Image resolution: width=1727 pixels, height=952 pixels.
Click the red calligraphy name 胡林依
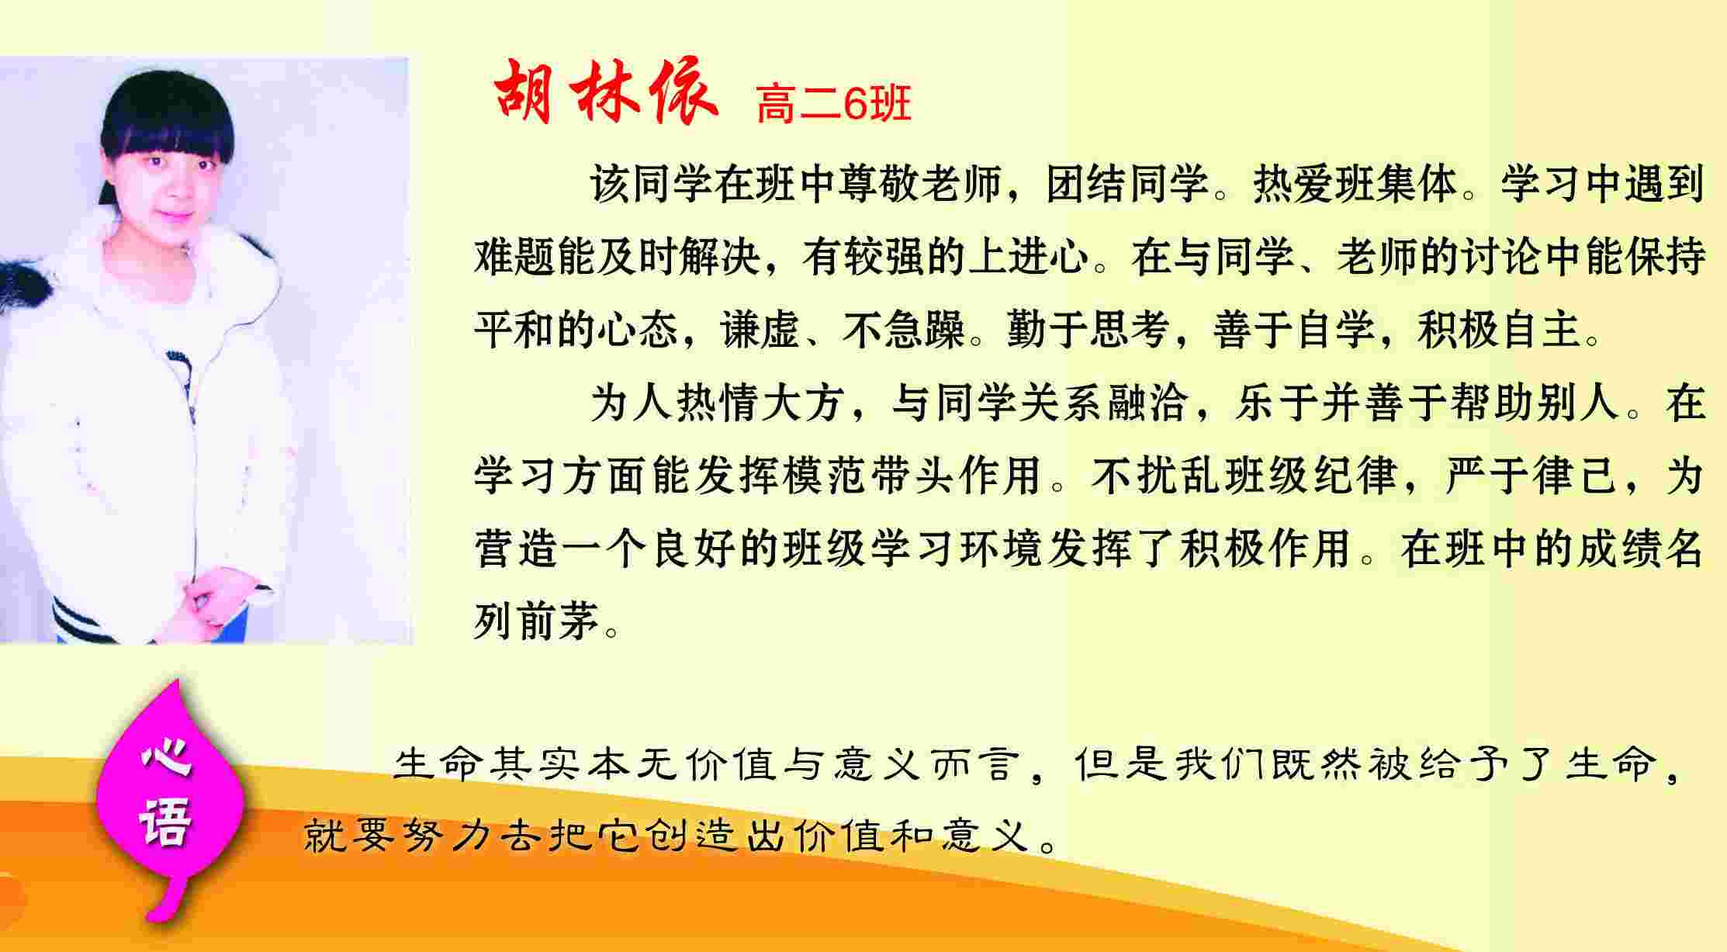pos(605,95)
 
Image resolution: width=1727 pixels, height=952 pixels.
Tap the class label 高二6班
pos(833,103)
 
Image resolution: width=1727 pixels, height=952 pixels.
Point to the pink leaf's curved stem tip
pos(155,916)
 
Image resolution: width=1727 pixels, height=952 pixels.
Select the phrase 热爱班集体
pos(1355,185)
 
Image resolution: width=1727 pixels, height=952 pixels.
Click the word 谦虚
pos(760,329)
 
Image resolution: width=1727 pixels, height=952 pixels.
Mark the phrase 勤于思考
pos(1088,329)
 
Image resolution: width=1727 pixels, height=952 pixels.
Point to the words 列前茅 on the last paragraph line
pos(537,621)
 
